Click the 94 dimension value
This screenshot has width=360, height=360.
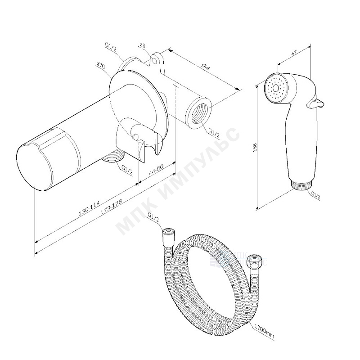[x=206, y=67]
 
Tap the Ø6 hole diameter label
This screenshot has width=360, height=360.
[x=142, y=45]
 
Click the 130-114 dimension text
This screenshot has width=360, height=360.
[x=89, y=209]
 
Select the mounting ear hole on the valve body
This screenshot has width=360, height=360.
[x=156, y=58]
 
